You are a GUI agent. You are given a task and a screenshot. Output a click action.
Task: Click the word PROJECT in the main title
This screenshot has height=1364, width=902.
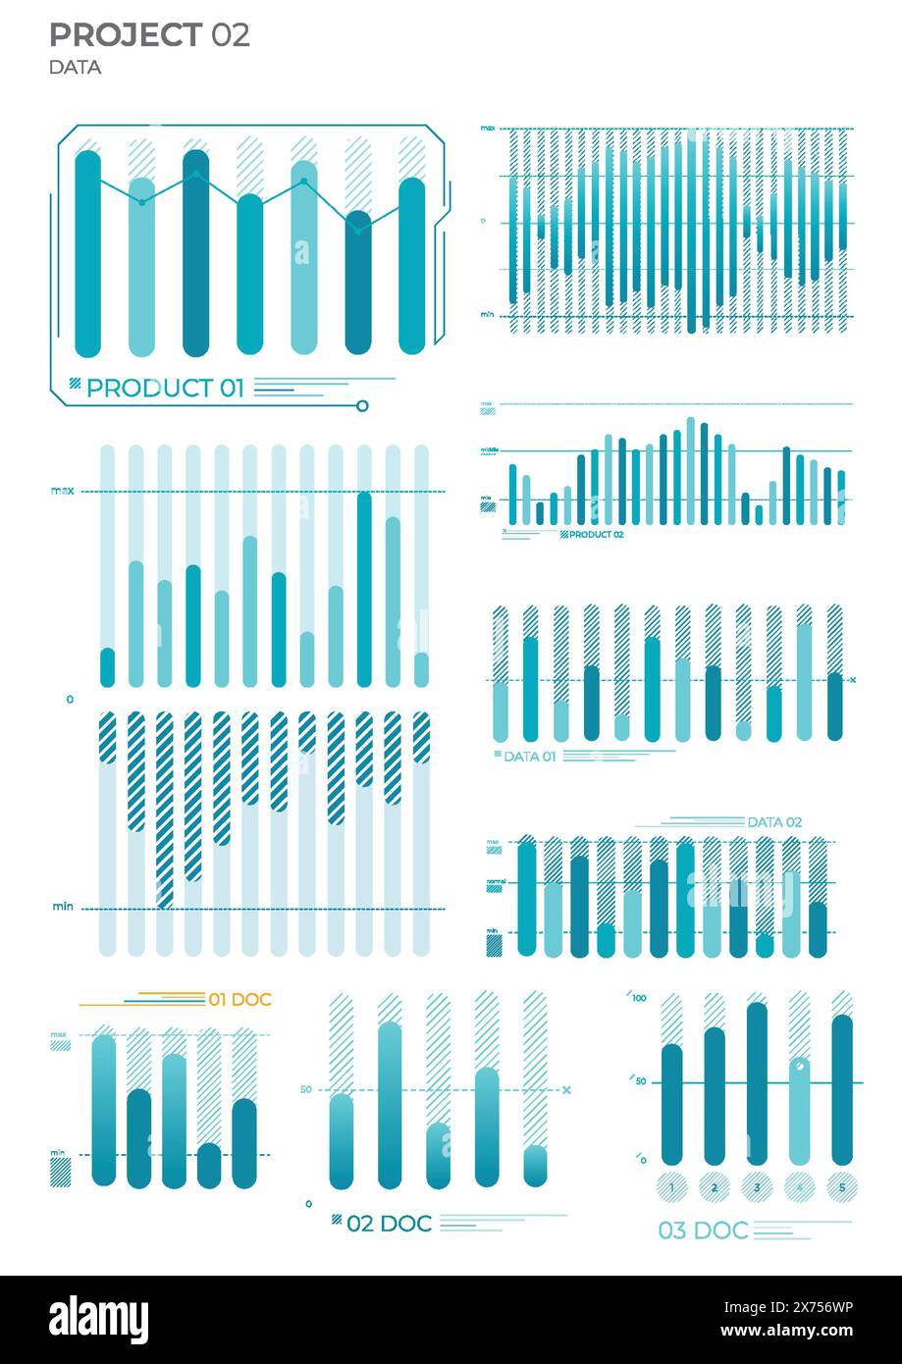tap(126, 35)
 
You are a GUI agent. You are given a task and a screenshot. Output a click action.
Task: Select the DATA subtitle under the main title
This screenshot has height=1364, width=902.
tap(75, 68)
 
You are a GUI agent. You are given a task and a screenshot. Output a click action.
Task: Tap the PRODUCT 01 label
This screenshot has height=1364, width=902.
tap(165, 388)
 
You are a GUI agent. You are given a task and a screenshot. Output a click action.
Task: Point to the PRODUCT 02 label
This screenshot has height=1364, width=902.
tap(596, 535)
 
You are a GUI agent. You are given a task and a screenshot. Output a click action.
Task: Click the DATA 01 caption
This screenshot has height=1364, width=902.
tap(529, 757)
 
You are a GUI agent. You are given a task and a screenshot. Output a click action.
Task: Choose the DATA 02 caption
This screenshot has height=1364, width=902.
tap(774, 822)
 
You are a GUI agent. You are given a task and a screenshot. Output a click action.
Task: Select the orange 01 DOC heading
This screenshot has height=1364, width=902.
tap(239, 1000)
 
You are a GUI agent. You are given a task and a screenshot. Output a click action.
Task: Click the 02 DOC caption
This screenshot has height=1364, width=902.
tap(389, 1224)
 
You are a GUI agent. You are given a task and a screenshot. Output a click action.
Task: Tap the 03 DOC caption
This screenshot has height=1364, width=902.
tap(703, 1231)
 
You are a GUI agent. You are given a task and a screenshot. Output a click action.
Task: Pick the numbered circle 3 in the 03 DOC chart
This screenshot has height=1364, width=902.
tap(756, 1187)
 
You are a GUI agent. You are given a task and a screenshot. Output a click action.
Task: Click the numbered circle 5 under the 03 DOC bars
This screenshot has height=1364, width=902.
tap(841, 1187)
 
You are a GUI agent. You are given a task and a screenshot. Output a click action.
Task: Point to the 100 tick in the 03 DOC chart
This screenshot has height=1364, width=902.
tap(640, 998)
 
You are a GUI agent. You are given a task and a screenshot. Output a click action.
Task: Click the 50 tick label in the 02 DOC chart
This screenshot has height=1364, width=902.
tap(305, 1089)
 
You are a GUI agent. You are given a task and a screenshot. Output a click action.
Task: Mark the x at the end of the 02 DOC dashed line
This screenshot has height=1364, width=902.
tap(566, 1089)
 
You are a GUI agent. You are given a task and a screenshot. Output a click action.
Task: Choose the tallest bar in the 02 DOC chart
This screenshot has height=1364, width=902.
tap(390, 1105)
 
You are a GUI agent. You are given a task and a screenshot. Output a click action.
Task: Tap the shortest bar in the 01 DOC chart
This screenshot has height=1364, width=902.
tap(209, 1166)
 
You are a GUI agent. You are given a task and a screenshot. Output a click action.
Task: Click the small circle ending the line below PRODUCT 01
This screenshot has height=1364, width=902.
tap(362, 405)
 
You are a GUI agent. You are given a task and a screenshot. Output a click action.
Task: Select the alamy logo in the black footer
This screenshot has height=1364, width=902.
tap(99, 1319)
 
